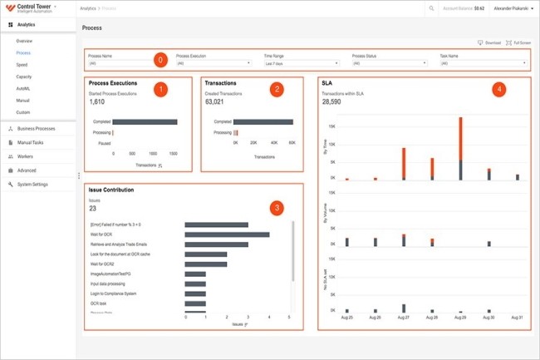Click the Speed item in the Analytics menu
point(22,64)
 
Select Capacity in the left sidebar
point(24,76)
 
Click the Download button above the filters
point(489,42)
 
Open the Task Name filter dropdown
point(483,63)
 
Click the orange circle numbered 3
point(277,207)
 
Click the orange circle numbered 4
point(497,89)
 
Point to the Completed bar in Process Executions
point(145,121)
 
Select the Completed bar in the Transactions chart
point(263,121)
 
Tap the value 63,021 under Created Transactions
point(215,101)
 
